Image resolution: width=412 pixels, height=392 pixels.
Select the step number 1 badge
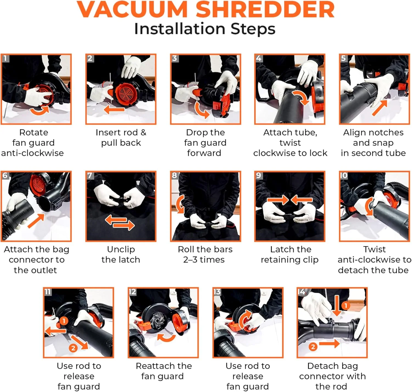pos(5,58)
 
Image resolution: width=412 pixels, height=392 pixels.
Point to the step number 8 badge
pos(175,175)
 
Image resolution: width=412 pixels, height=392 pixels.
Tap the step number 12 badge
pos(132,292)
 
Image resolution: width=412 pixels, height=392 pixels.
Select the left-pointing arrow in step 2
pos(115,109)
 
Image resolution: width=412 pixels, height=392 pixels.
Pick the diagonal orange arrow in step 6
pos(36,220)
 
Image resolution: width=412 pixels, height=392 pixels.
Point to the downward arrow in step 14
pos(337,305)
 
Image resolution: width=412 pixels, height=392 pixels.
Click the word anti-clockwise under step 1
pos(32,153)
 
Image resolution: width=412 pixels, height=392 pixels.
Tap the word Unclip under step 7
pos(121,250)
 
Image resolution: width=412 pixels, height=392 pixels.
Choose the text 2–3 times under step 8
pos(204,260)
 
